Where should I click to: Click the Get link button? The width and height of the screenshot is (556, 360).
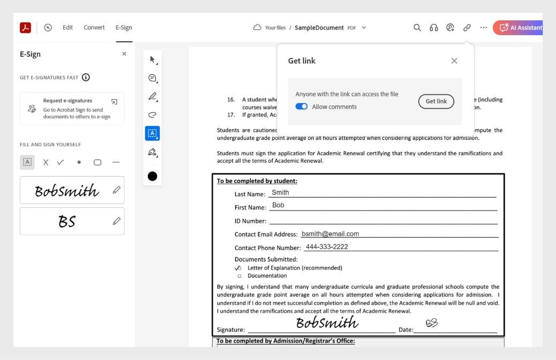coord(436,101)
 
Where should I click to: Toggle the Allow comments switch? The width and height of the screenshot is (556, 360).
coord(302,107)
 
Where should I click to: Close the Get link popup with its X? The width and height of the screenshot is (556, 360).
coord(454,61)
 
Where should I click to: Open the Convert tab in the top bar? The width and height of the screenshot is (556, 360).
coord(94,28)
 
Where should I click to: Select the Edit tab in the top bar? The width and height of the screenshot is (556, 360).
coord(67,28)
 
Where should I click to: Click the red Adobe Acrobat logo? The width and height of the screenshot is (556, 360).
coord(25,28)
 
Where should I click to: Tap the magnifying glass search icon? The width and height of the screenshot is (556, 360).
coord(417,28)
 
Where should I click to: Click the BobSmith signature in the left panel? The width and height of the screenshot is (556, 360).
coord(66,190)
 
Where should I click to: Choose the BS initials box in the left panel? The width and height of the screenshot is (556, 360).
coord(66,221)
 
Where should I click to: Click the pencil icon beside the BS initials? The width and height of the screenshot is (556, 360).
coord(116,221)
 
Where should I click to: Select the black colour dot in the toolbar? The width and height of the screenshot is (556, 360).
coord(153,176)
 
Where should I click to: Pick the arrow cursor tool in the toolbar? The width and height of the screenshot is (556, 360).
coord(153,59)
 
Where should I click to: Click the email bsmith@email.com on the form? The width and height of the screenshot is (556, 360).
coord(330,234)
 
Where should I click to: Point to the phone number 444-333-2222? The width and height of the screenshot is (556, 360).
coord(327,247)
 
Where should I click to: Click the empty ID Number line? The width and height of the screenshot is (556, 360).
coord(383,221)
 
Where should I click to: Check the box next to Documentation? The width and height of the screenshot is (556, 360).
coord(239,276)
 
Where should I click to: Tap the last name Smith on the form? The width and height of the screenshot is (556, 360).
coord(280,193)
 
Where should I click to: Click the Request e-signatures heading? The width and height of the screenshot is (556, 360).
coord(67,101)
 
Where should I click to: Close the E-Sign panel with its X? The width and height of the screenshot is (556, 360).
coord(124,54)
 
